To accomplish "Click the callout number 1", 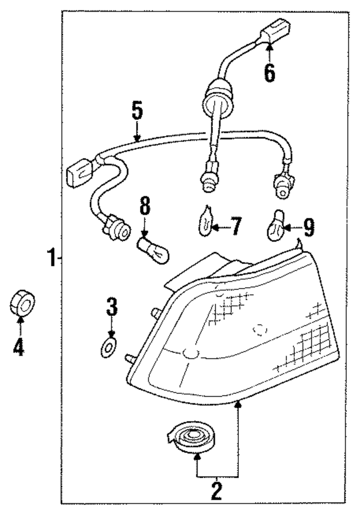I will click(52, 258).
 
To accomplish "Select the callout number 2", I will click(216, 491).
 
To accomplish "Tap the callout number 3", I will click(111, 307).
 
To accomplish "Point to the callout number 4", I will click(18, 346).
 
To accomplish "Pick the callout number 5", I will click(137, 112).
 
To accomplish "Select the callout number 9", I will click(309, 227).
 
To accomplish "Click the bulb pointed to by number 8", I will click(155, 250).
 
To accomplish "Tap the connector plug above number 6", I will click(275, 30).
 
